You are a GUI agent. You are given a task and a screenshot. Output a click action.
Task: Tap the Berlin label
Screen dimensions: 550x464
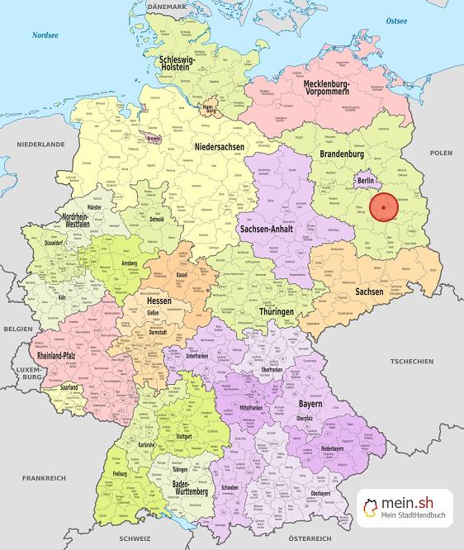[x=366, y=179]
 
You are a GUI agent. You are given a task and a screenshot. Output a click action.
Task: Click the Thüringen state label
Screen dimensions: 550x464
[x=274, y=311]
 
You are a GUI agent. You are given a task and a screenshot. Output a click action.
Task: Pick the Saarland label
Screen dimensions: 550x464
[x=69, y=386]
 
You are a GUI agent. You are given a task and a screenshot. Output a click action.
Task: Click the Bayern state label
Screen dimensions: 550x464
[x=310, y=405]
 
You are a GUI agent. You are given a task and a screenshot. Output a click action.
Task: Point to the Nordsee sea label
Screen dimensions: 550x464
[x=45, y=35]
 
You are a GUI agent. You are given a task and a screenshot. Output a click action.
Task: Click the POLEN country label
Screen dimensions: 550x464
[x=441, y=153]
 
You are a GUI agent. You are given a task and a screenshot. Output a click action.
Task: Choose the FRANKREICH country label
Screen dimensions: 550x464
[x=44, y=478]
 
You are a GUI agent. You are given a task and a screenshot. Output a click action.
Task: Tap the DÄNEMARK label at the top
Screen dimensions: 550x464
[x=168, y=6]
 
